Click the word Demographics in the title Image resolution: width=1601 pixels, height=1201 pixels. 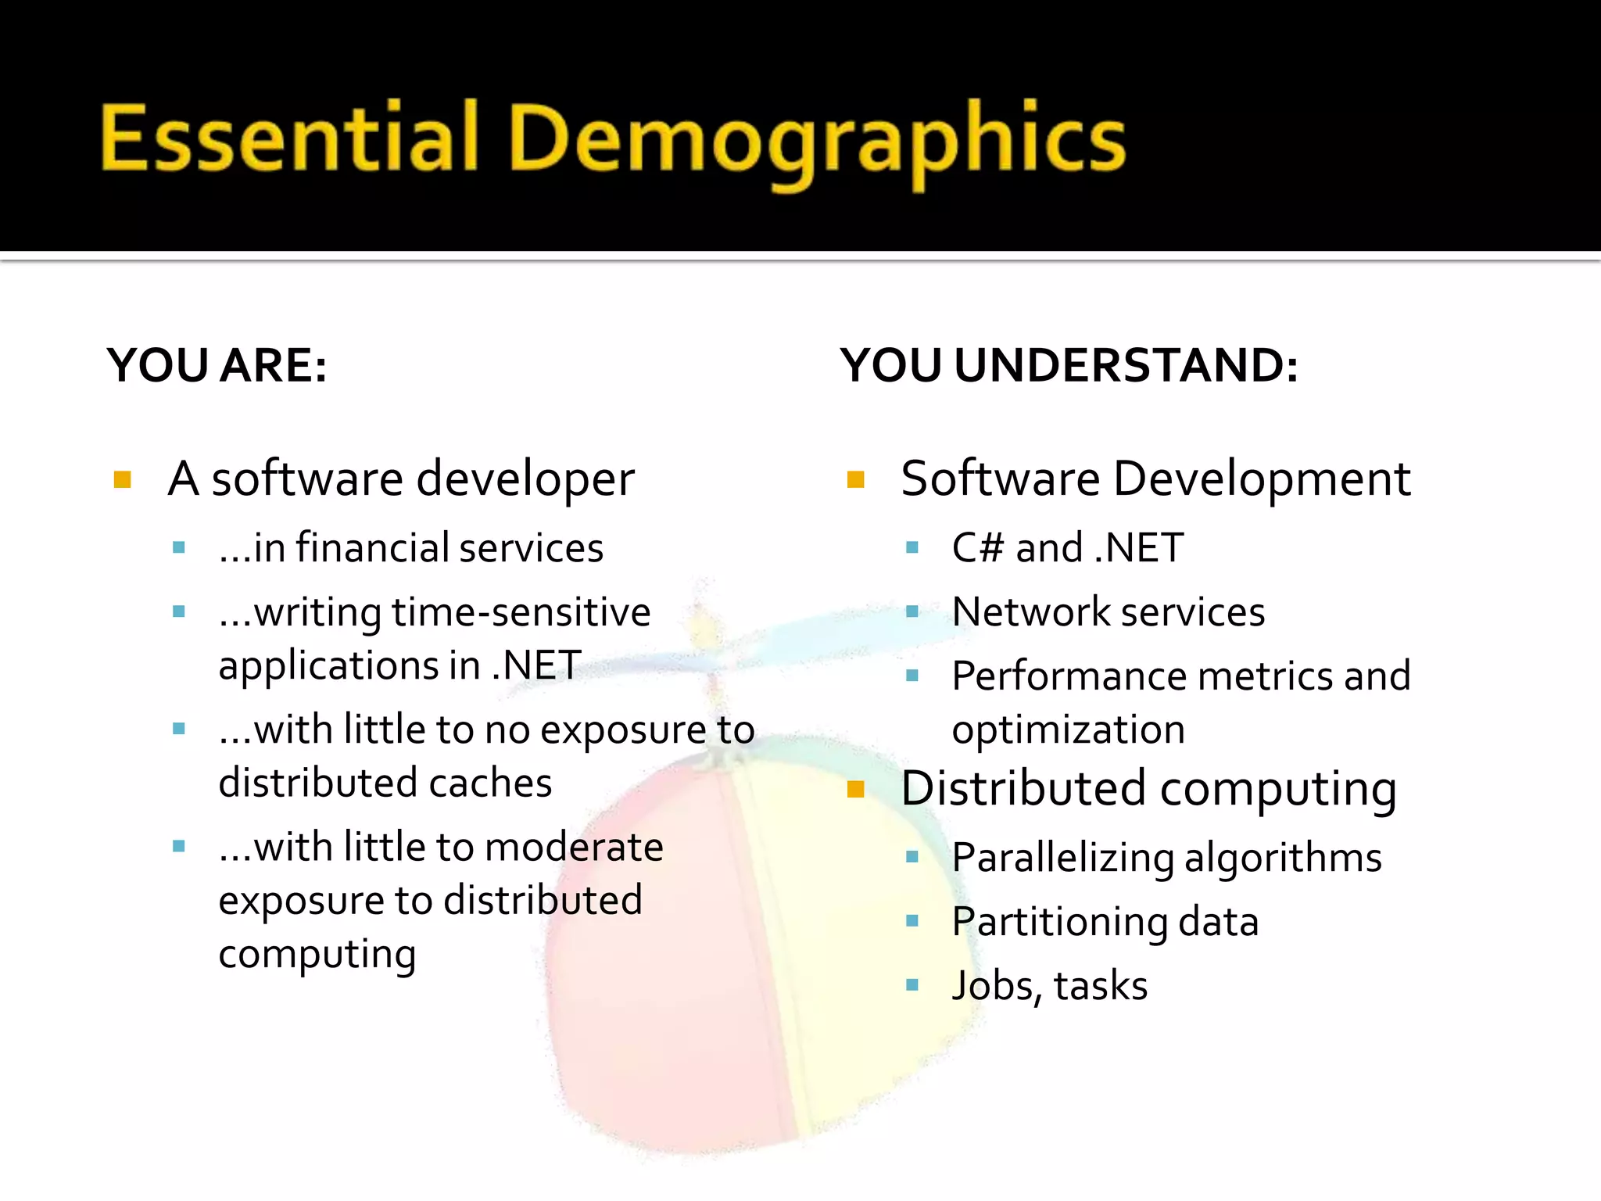[x=817, y=141]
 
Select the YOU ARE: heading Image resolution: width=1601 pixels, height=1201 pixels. [x=217, y=365]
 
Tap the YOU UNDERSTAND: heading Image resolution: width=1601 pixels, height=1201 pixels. [x=1069, y=365]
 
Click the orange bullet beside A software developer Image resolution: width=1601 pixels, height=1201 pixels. [x=123, y=479]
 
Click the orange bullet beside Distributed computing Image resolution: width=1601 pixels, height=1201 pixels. [x=856, y=789]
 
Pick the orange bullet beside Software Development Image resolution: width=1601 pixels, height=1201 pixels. [x=856, y=479]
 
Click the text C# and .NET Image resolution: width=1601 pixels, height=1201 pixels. [x=1067, y=547]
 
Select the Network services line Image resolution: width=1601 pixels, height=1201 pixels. [x=1108, y=611]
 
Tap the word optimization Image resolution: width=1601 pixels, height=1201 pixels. [x=1068, y=730]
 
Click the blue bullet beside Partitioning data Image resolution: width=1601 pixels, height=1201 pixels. [x=912, y=921]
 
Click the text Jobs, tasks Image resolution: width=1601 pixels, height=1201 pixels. [x=1049, y=985]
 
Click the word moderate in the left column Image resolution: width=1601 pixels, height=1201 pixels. [x=574, y=848]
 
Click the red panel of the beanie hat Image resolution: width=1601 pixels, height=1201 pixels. [x=664, y=977]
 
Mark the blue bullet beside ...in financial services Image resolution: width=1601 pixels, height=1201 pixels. [x=179, y=548]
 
